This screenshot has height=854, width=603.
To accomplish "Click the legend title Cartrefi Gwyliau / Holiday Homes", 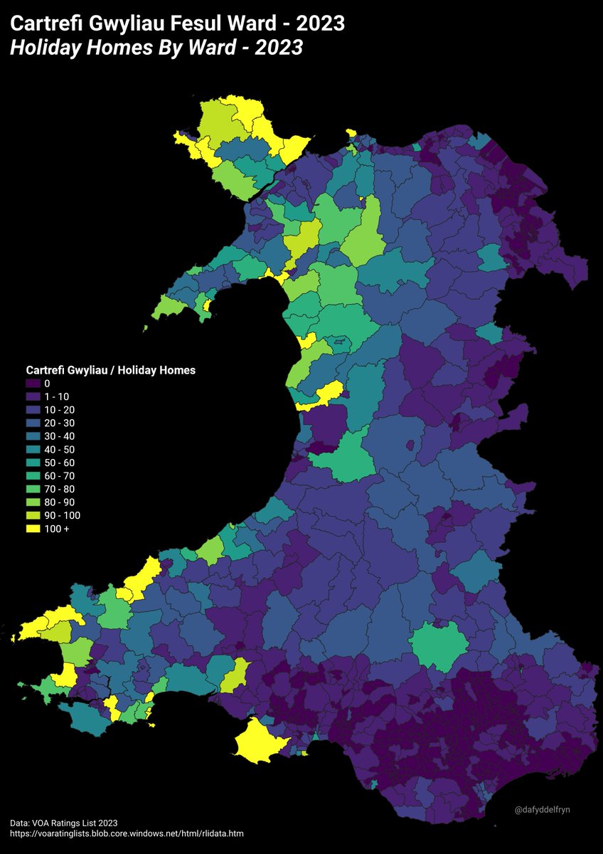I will point(110,370).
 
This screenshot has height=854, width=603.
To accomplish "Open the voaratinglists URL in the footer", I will point(128,833).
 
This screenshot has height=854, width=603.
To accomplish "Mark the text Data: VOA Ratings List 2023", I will point(64,822).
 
